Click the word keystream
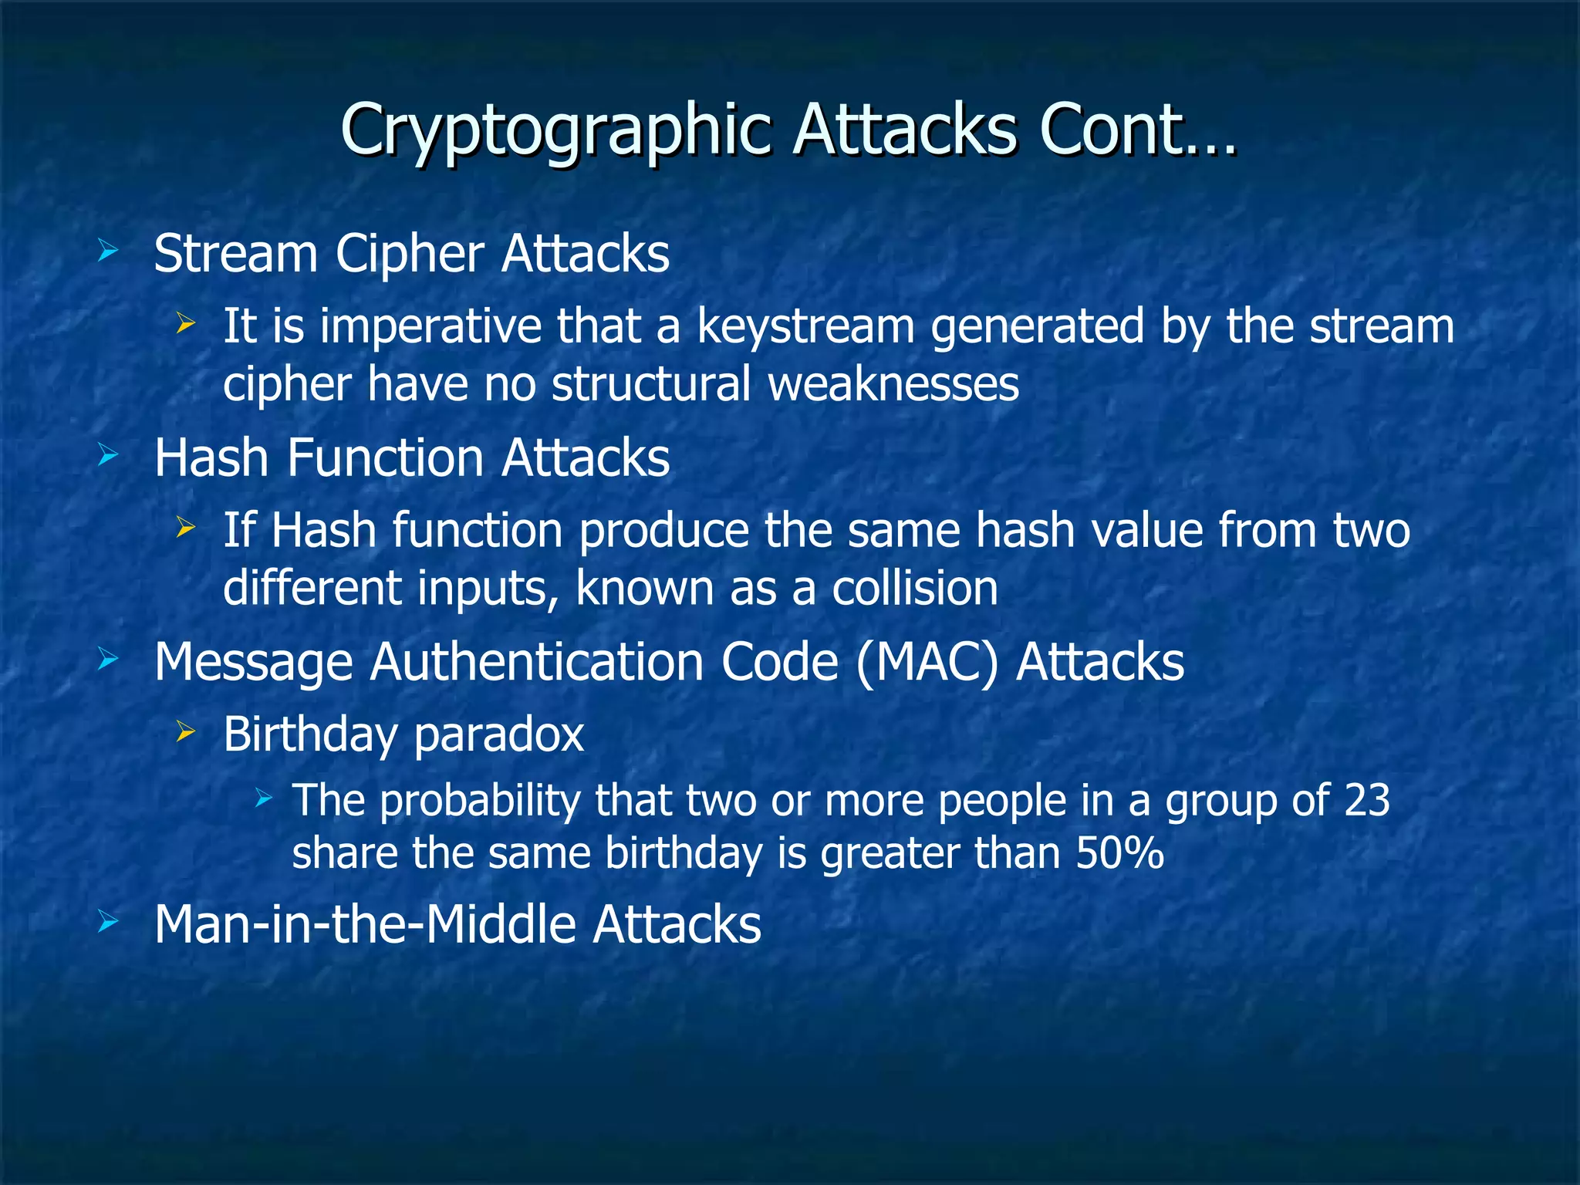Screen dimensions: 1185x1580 805,326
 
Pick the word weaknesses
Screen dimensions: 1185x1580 893,384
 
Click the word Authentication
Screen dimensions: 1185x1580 536,662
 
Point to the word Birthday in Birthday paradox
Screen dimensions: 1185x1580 309,734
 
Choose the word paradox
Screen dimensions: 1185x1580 498,734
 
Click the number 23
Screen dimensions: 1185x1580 1366,800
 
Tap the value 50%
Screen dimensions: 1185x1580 1119,853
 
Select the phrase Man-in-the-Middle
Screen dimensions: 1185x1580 363,924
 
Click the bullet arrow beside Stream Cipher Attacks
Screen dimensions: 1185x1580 107,251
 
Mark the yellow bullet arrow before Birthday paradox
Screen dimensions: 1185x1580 185,731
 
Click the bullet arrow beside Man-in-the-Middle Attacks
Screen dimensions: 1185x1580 107,920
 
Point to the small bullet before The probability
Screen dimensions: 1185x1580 264,797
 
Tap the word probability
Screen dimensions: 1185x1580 479,800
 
